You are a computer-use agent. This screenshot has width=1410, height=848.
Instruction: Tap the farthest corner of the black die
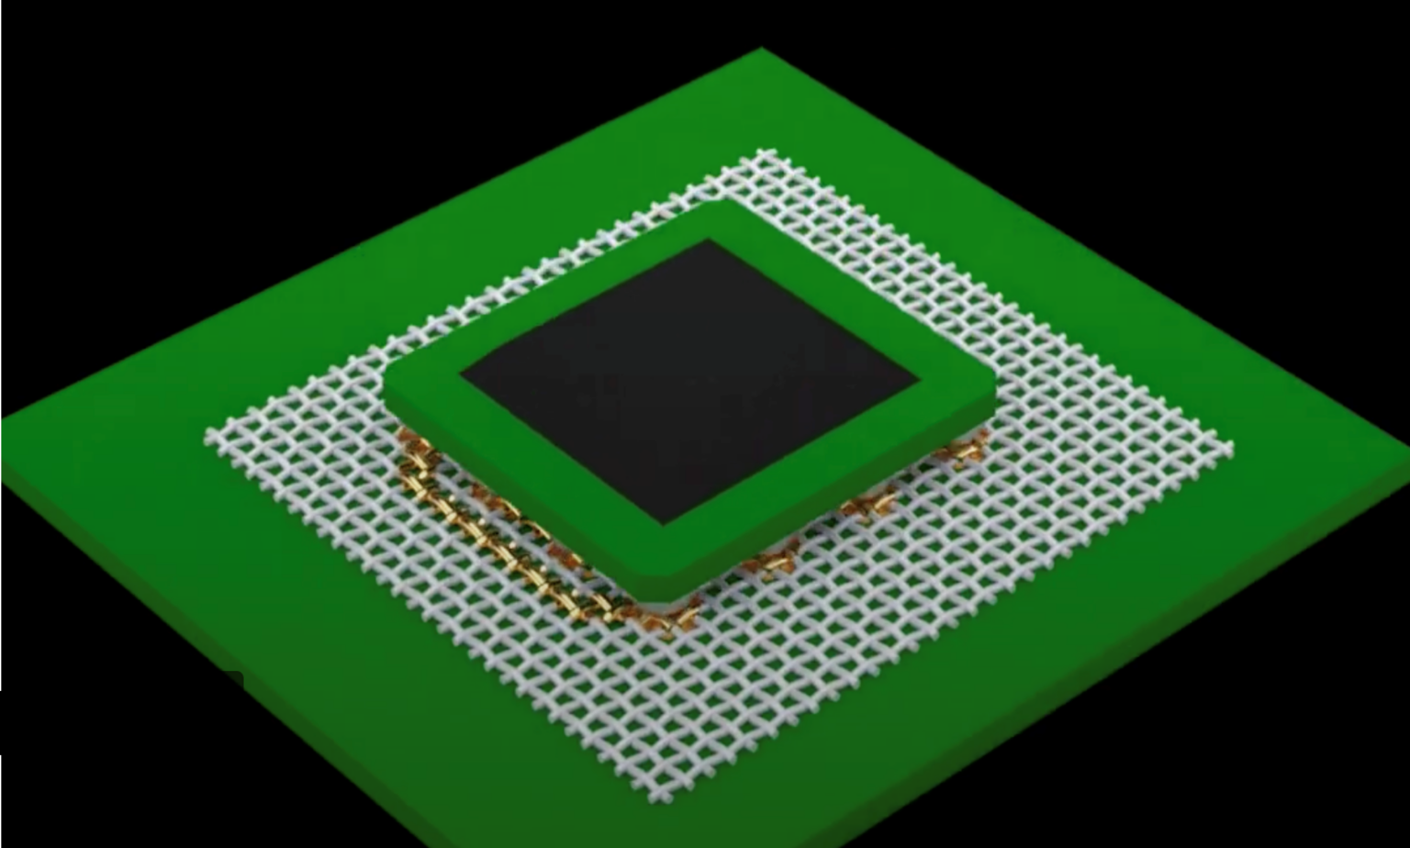tap(707, 240)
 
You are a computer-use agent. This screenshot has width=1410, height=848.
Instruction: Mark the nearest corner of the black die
tap(665, 523)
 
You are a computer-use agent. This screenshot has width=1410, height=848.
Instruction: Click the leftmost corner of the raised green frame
tap(384, 390)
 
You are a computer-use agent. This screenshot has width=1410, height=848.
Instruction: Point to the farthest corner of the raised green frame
tap(725, 201)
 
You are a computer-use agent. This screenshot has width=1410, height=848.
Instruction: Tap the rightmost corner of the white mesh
tap(1232, 447)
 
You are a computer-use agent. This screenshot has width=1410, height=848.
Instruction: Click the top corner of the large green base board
tap(761, 50)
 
